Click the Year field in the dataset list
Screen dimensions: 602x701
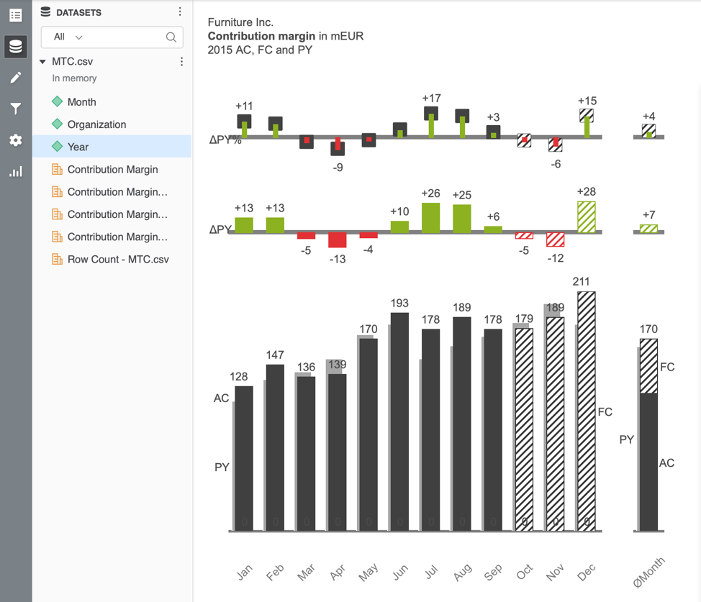coord(78,147)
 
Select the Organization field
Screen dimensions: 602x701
coord(96,124)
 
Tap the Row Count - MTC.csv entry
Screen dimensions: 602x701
coord(117,259)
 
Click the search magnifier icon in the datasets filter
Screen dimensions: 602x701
coord(171,37)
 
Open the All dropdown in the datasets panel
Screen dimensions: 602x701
coord(68,37)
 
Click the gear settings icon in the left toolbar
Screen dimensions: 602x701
coord(15,140)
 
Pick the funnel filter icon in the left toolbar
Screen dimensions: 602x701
coord(15,109)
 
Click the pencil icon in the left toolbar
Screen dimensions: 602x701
coord(15,78)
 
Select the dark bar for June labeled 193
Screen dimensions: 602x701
coord(399,421)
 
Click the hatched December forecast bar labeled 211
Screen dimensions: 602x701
coord(587,411)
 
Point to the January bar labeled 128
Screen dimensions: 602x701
coord(244,458)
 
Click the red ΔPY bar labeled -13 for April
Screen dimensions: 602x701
coord(337,240)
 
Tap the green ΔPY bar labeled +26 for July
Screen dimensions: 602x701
coord(430,217)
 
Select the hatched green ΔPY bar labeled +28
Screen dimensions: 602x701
coord(587,216)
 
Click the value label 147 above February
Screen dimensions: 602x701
coord(275,355)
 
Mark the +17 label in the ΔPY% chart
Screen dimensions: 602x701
coord(431,99)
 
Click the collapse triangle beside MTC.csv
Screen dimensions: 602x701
coord(43,62)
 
